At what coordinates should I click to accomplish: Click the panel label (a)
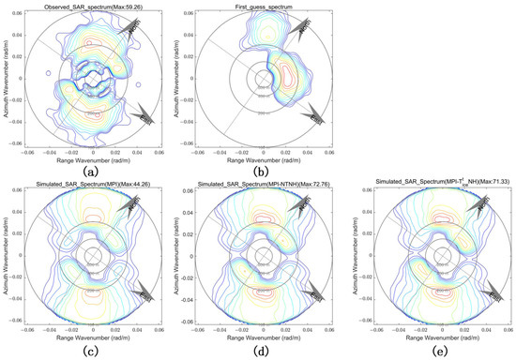[93, 170]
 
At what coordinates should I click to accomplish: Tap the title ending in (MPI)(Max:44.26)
[93, 188]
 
